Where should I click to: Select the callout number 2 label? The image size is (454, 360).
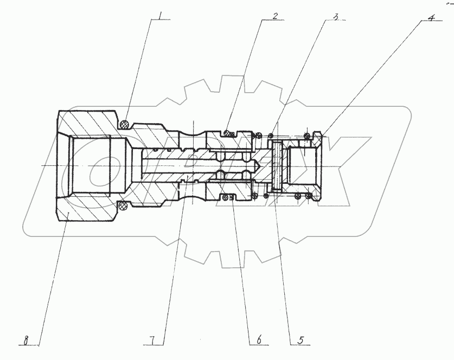275,16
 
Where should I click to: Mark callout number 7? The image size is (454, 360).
154,340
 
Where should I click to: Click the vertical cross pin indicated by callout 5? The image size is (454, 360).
278,165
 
